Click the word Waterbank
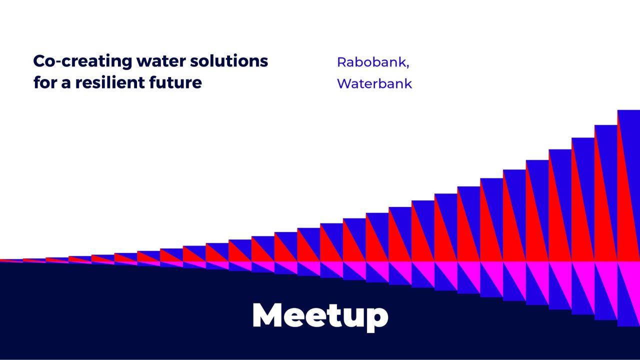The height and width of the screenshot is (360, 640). point(374,83)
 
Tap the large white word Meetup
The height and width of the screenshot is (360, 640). point(320,315)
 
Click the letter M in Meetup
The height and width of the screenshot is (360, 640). point(267,315)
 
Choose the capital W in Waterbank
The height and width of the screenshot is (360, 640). point(343,83)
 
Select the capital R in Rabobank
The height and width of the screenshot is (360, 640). point(341,62)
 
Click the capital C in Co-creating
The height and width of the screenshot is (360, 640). point(39,61)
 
